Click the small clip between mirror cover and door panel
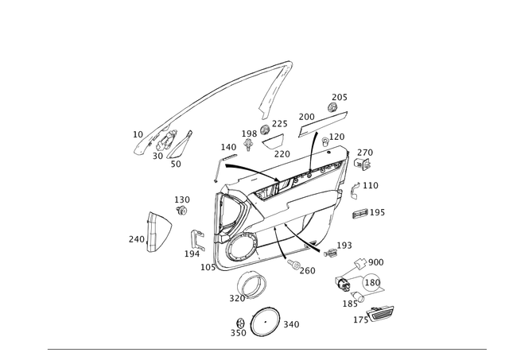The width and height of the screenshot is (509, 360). (x=196, y=236)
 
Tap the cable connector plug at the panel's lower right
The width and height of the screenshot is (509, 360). (x=328, y=250)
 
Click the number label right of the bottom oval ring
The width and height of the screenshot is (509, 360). (x=289, y=323)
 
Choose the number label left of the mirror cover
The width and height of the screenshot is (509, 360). (x=134, y=237)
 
